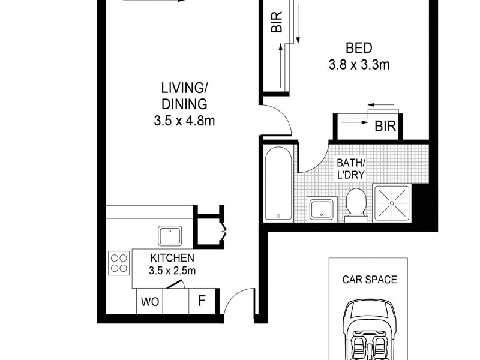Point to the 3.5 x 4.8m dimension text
point(184,121)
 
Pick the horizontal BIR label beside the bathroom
point(385,127)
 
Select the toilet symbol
point(356,204)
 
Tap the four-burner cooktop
point(119,262)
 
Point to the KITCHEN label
point(172,258)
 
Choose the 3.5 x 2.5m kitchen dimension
point(172,271)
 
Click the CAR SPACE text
point(370,279)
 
